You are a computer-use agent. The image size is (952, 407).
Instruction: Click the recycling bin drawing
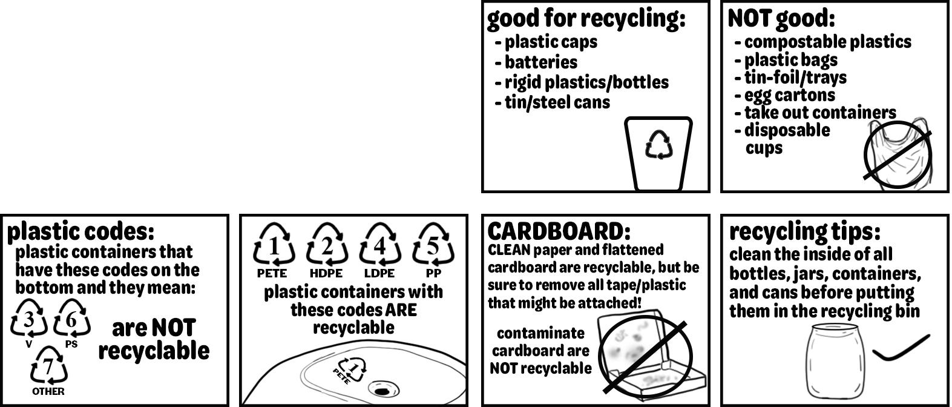[658, 154]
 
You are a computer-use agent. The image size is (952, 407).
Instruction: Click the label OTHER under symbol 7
[48, 391]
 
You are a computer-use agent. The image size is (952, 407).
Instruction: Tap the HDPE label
[326, 273]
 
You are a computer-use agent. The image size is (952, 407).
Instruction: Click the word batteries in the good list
[540, 62]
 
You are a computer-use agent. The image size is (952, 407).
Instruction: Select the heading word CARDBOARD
[556, 231]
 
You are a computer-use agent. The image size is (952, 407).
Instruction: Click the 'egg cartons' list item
[789, 95]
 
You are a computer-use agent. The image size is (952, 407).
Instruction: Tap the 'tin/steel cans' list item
[557, 102]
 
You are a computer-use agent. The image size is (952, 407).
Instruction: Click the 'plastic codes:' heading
[80, 231]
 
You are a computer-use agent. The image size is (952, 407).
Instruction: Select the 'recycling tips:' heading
[804, 231]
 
